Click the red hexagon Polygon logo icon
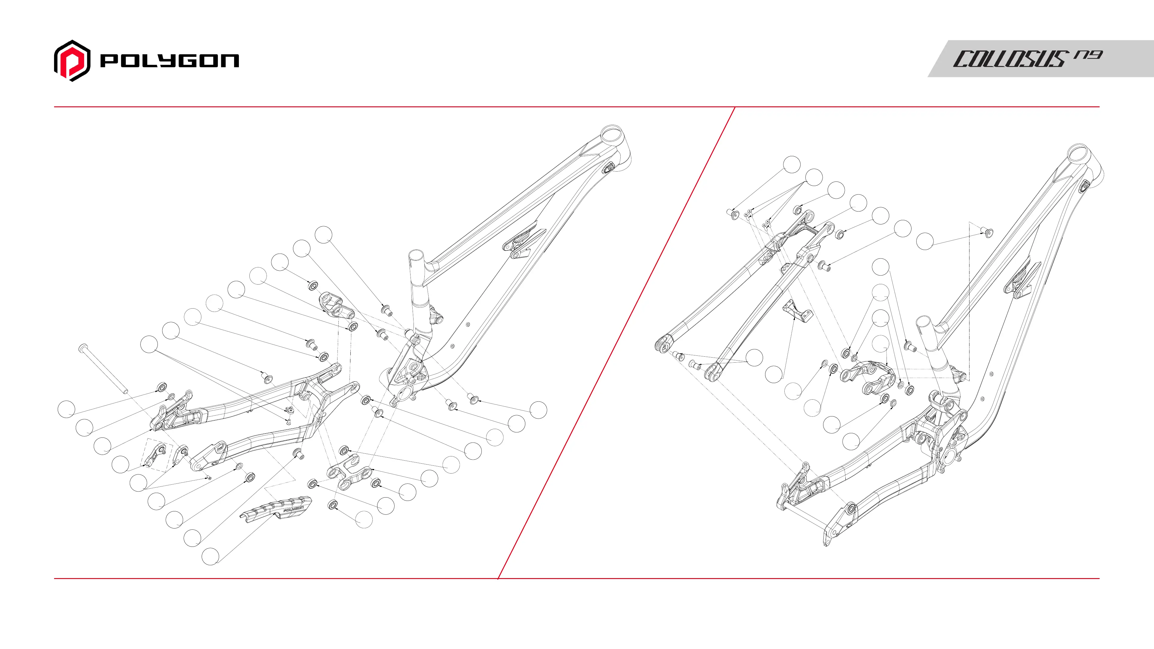coord(72,60)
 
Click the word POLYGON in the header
coord(169,60)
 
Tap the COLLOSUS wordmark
coord(1008,59)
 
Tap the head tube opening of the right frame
coord(1077,152)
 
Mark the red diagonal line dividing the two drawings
coord(616,343)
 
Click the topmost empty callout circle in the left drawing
coord(323,235)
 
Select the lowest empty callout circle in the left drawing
coord(210,556)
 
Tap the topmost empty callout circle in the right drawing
coord(792,164)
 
